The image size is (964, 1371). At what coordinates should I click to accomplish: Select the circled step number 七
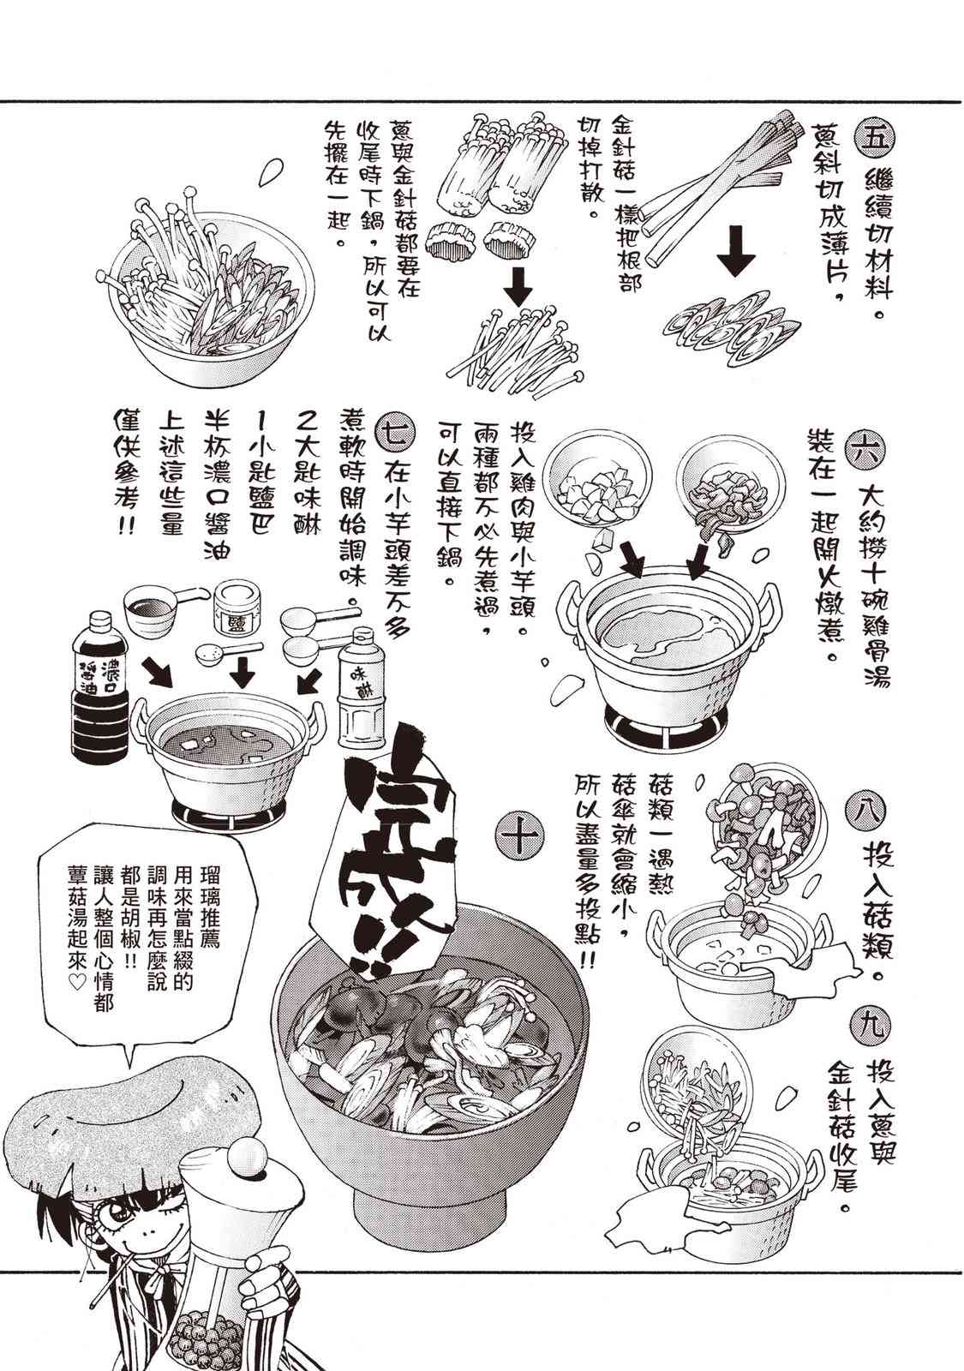point(397,434)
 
